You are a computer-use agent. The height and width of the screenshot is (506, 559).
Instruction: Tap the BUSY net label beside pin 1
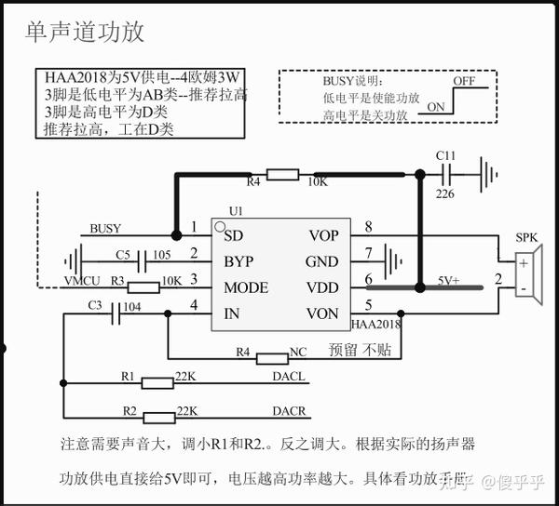pyautogui.click(x=105, y=229)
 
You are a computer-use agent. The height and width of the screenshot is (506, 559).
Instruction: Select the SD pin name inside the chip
pyautogui.click(x=234, y=235)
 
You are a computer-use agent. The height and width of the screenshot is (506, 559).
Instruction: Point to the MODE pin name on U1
pyautogui.click(x=247, y=287)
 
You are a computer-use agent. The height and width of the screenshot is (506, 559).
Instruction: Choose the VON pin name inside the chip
pyautogui.click(x=323, y=313)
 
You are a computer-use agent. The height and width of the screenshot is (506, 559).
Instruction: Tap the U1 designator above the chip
pyautogui.click(x=235, y=212)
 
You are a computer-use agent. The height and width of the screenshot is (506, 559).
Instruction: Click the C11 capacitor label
pyautogui.click(x=445, y=154)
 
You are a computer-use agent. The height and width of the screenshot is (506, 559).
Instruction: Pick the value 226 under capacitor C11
pyautogui.click(x=445, y=193)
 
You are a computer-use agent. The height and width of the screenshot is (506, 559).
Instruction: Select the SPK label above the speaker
pyautogui.click(x=527, y=238)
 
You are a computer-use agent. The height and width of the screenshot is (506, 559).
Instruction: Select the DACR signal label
pyautogui.click(x=289, y=410)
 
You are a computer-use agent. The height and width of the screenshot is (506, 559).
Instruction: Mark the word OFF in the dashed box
pyautogui.click(x=465, y=82)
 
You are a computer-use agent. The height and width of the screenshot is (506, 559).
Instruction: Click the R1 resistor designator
pyautogui.click(x=128, y=375)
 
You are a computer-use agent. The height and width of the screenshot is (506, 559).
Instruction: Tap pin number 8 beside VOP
pyautogui.click(x=368, y=226)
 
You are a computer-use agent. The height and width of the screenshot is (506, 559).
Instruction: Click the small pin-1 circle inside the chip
pyautogui.click(x=220, y=226)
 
